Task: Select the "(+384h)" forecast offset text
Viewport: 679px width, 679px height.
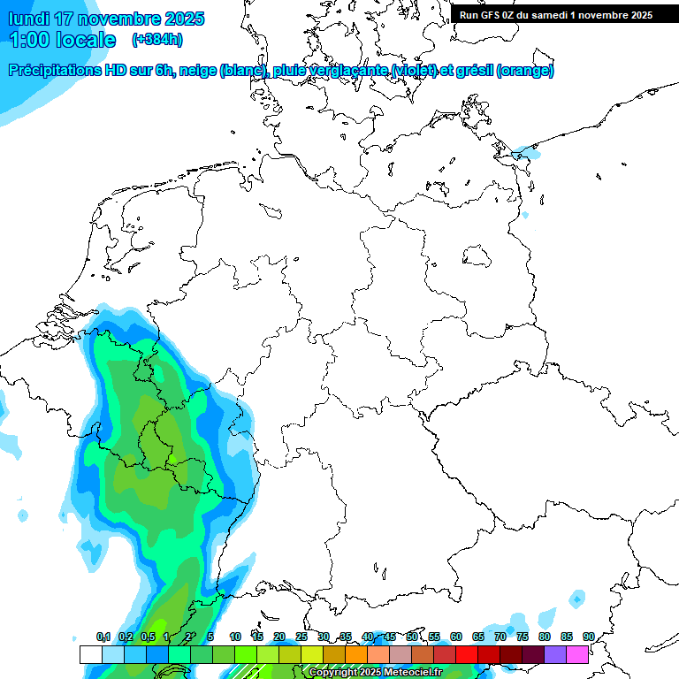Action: pyautogui.click(x=157, y=40)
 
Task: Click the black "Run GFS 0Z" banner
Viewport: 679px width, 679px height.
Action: pyautogui.click(x=556, y=14)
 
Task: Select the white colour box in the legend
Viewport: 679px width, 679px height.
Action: pyautogui.click(x=90, y=654)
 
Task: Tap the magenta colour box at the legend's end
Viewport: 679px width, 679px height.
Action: pyautogui.click(x=577, y=654)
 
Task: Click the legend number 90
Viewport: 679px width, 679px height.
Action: pyautogui.click(x=588, y=637)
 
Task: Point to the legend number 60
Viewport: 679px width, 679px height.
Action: pyautogui.click(x=456, y=637)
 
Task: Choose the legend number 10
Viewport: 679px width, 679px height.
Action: pyautogui.click(x=235, y=637)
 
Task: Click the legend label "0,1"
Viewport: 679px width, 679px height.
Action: pyautogui.click(x=103, y=637)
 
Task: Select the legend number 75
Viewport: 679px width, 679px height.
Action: pyautogui.click(x=523, y=637)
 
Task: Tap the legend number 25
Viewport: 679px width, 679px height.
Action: pyautogui.click(x=301, y=637)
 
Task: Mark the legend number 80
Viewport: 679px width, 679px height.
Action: pyautogui.click(x=545, y=637)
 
